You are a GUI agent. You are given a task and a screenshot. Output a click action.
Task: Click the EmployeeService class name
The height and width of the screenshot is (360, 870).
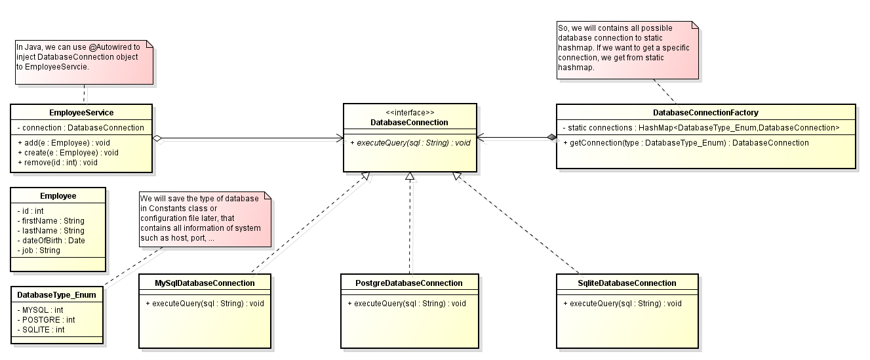tap(82, 113)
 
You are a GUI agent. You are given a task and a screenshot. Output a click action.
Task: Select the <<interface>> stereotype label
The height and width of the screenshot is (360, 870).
tap(410, 113)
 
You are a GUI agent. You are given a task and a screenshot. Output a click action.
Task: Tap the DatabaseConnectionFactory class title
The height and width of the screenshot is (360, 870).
tap(705, 113)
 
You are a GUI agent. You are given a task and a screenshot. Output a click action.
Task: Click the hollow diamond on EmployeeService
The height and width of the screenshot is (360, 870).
tap(157, 138)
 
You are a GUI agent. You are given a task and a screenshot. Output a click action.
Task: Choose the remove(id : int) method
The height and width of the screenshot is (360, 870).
tap(58, 162)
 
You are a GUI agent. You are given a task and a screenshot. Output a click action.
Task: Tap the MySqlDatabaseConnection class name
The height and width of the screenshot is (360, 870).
tap(205, 283)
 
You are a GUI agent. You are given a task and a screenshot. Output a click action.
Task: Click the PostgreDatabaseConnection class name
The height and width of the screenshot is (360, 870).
tap(410, 283)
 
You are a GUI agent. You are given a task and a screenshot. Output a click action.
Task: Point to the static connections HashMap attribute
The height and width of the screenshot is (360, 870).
tap(701, 127)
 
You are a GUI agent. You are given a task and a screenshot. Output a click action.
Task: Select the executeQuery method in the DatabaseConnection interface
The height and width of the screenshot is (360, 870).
tap(410, 142)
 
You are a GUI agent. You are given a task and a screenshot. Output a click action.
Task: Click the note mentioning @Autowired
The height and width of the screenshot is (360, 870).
tap(84, 62)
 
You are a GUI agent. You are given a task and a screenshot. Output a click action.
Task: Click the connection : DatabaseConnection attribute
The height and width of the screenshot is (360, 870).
tap(81, 127)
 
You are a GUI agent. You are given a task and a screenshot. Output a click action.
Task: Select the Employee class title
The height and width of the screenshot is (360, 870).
tap(58, 195)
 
